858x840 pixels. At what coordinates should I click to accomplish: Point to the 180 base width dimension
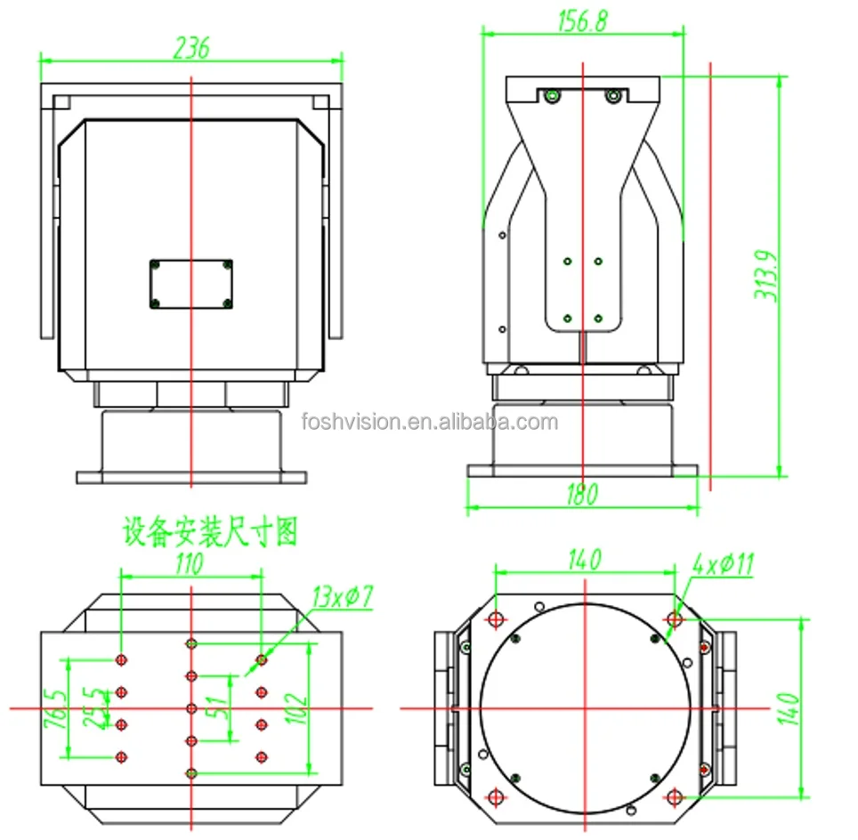tap(582, 494)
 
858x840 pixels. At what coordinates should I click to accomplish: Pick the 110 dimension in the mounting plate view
tap(189, 562)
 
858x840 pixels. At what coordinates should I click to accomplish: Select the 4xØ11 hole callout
tap(723, 564)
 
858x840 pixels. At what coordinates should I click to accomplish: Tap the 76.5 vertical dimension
tap(55, 707)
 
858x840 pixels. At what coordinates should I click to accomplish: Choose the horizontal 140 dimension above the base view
tap(583, 560)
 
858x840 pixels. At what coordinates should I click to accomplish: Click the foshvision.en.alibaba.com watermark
tap(429, 421)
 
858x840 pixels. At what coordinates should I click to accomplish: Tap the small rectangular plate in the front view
tap(190, 285)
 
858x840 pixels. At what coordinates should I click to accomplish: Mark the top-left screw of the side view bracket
tap(552, 96)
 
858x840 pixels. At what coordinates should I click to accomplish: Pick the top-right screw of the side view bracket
tap(611, 96)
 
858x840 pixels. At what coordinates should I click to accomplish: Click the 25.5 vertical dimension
tap(90, 707)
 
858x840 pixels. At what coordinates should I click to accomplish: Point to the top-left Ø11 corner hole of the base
tap(496, 619)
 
